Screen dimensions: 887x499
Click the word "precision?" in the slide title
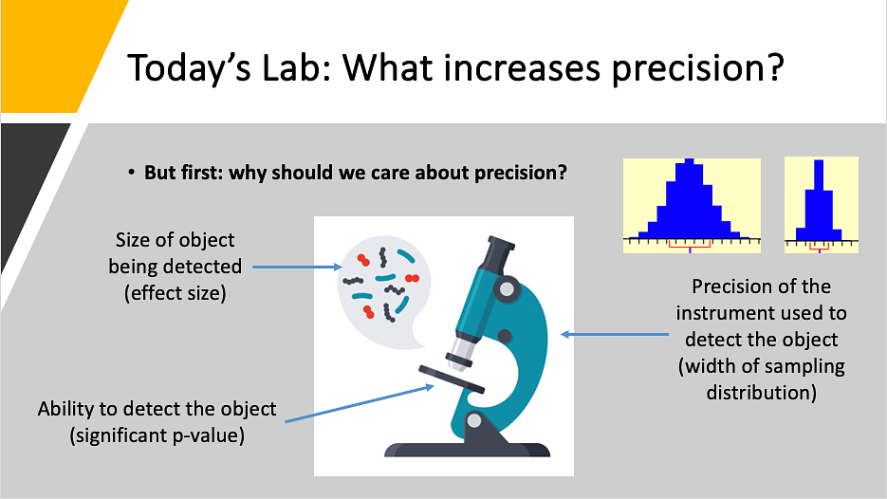(x=698, y=69)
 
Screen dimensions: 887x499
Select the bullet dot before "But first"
(x=131, y=172)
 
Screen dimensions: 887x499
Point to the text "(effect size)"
(x=176, y=293)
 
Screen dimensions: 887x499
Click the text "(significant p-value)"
(x=157, y=435)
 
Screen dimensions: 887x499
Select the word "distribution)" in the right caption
(x=762, y=392)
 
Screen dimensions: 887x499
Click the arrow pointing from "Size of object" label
(x=298, y=267)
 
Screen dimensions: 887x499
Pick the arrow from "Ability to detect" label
(x=360, y=404)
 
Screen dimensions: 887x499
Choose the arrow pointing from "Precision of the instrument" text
(x=615, y=334)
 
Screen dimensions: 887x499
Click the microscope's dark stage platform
(x=452, y=379)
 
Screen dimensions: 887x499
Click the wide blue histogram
(x=692, y=198)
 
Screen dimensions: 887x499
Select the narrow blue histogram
(x=819, y=200)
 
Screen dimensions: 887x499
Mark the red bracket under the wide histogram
(x=690, y=245)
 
